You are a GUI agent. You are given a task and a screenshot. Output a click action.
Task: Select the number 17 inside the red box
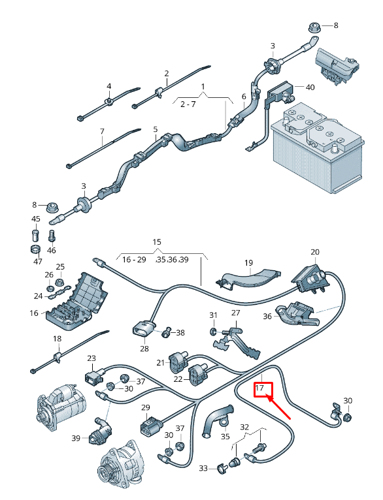coord(260,388)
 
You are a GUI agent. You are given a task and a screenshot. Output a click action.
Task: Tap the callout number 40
coord(310,87)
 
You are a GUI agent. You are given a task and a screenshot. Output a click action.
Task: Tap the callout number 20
coord(315,252)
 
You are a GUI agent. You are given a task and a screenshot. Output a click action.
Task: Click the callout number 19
coord(248,263)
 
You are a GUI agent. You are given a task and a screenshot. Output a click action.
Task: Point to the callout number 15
coord(157,242)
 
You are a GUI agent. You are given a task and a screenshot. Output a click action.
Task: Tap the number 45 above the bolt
coord(36,219)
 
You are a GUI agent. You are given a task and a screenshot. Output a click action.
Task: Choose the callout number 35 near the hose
coord(225,436)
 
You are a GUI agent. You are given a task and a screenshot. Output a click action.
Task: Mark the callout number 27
coord(236,314)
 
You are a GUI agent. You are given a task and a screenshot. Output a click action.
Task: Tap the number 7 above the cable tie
coord(102,131)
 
